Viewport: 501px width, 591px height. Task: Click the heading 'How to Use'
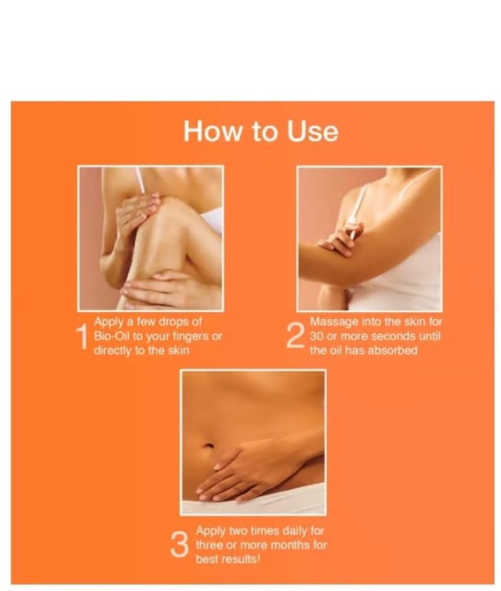(x=261, y=131)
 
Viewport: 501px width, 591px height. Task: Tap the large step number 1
(x=82, y=336)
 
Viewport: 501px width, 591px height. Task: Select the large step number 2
(x=295, y=336)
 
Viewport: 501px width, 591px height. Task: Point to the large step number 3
(x=179, y=545)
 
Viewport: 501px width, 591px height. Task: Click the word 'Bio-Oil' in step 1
(x=111, y=336)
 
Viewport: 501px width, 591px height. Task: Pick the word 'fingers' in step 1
(x=191, y=337)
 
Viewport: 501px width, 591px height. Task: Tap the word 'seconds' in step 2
(x=392, y=336)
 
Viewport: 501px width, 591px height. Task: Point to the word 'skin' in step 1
(x=178, y=350)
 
